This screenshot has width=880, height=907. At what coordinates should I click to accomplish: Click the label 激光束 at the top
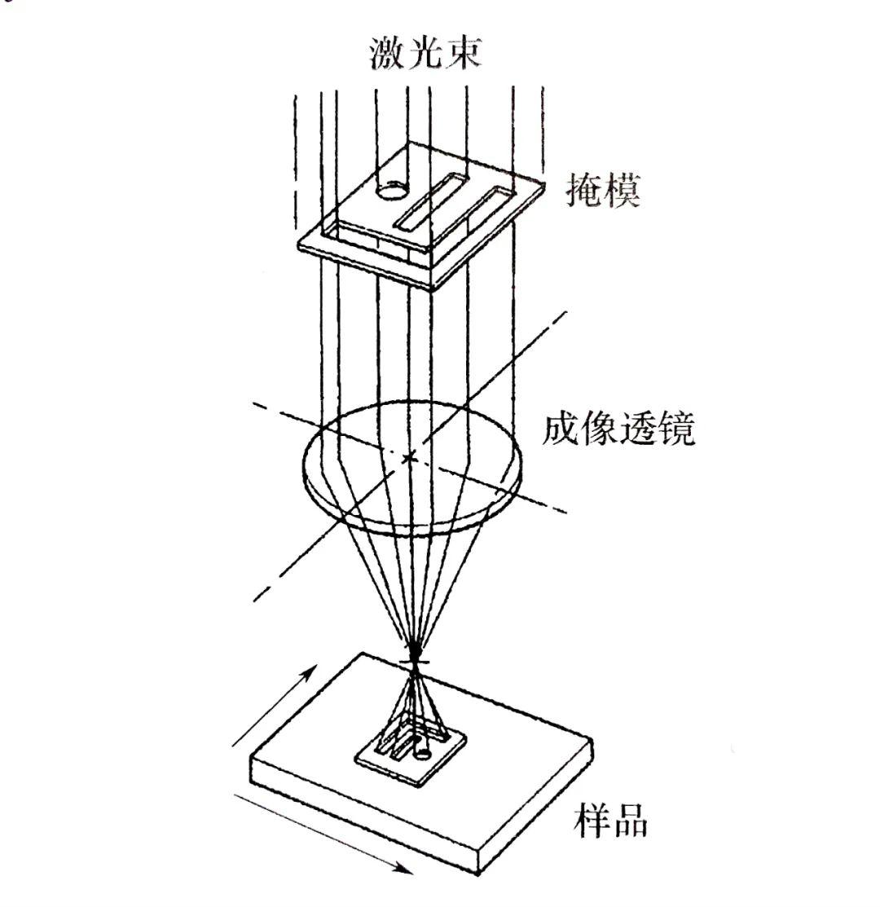click(425, 54)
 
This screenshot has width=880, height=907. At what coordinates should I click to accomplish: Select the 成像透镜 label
click(619, 429)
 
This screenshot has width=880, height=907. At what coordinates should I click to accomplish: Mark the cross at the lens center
click(410, 459)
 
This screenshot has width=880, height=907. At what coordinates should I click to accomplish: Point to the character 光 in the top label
click(425, 54)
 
